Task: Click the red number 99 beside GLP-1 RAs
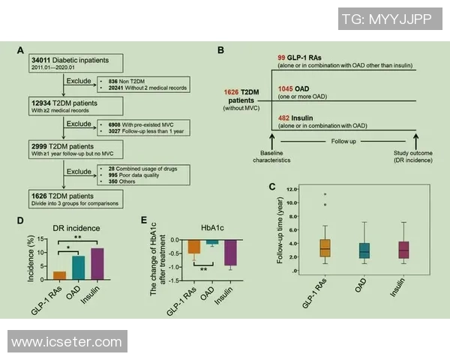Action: [281, 57]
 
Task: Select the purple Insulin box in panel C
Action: [403, 250]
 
